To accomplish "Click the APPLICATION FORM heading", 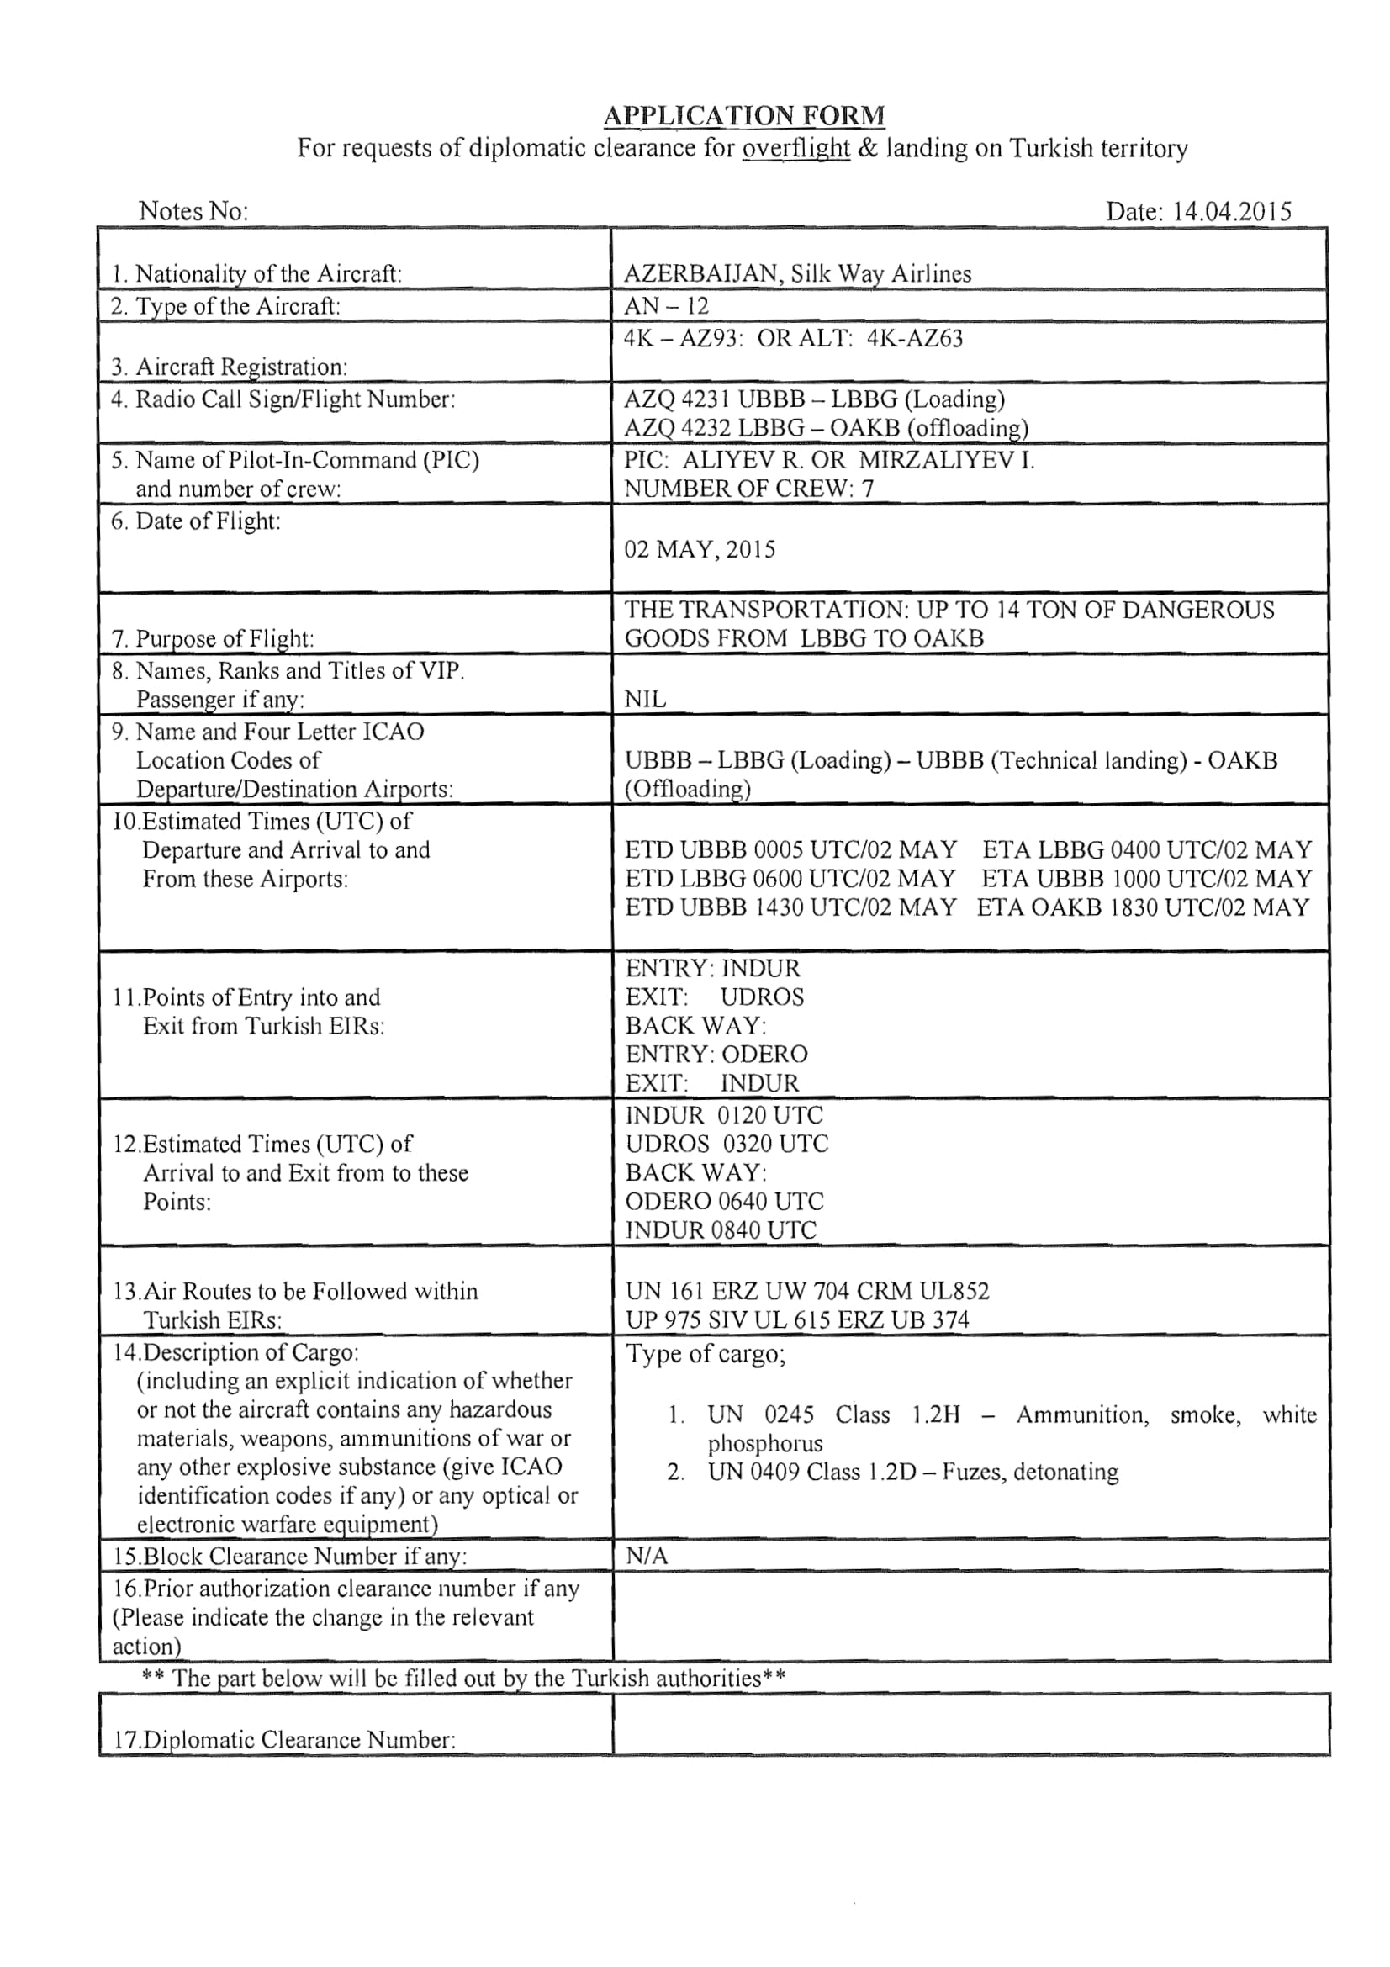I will click(743, 115).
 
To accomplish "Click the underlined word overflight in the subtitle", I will click(795, 149).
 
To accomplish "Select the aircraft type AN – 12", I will click(666, 306).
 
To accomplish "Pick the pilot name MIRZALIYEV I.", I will click(946, 460).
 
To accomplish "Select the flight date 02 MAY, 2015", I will click(700, 549).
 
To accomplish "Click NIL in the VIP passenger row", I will click(645, 699).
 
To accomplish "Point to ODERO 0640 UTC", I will click(725, 1201).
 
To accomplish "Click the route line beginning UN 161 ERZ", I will click(806, 1291).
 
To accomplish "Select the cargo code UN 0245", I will click(760, 1414).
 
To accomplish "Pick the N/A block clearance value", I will click(647, 1557).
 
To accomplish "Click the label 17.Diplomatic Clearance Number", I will click(284, 1739).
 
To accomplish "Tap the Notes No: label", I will click(193, 211).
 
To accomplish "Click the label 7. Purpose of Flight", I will click(213, 638).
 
